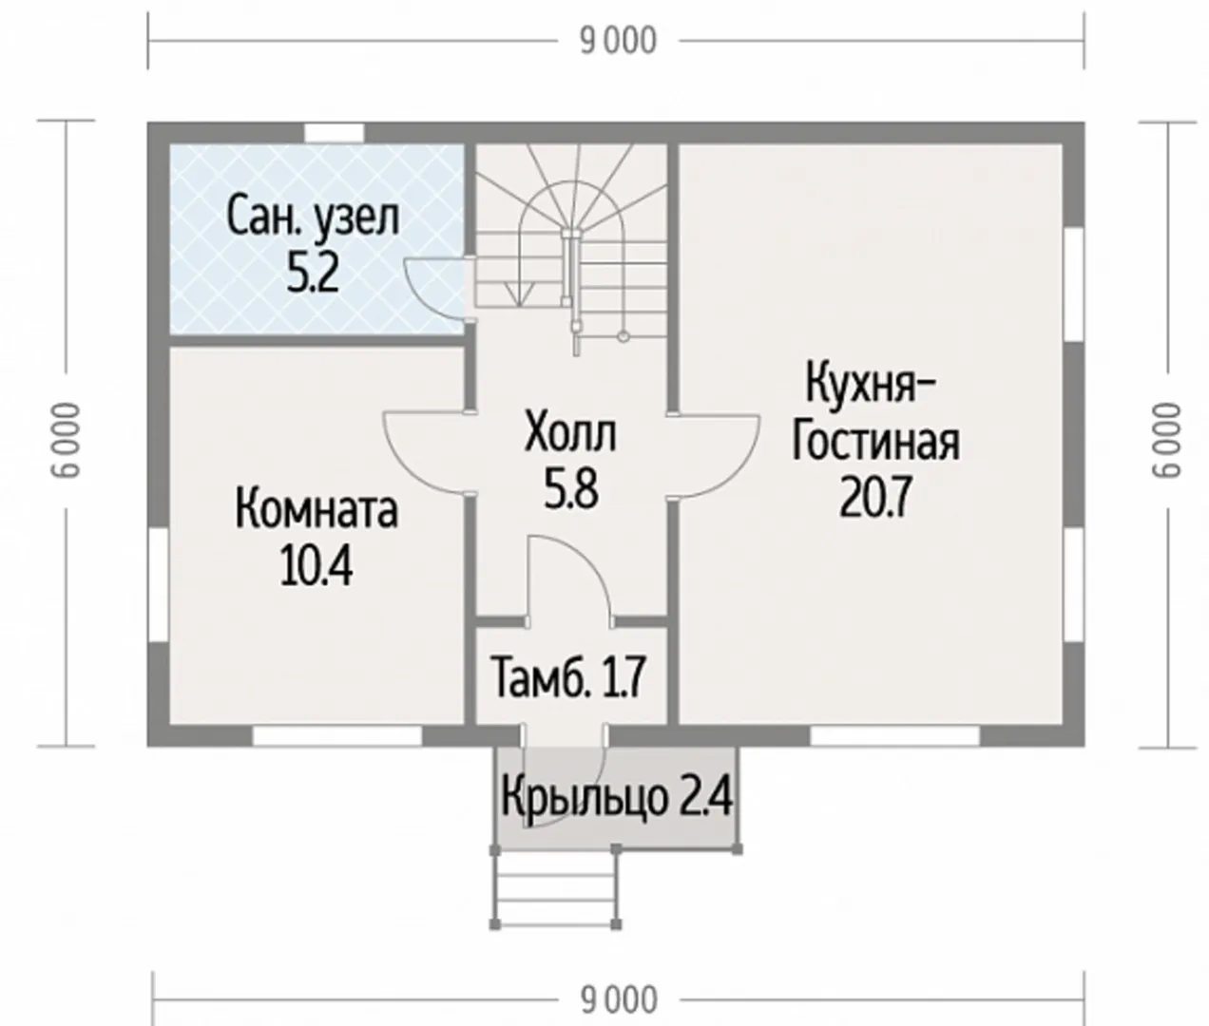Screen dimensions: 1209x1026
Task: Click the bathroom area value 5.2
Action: point(313,275)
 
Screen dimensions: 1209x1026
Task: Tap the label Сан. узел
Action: point(313,218)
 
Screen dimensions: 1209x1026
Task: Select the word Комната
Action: point(317,510)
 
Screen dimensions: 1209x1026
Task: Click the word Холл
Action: point(570,433)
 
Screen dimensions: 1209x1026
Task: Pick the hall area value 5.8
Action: point(570,490)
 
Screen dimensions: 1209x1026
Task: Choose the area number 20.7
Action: point(875,499)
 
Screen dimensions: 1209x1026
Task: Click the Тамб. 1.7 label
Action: point(569,678)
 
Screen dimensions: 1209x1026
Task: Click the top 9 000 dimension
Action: point(618,42)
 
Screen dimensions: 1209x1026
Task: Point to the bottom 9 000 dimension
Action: point(619,1000)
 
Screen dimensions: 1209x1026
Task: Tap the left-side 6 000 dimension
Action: point(66,440)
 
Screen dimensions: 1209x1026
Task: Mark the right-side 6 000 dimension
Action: point(1167,440)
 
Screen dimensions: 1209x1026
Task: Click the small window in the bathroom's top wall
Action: point(334,132)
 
